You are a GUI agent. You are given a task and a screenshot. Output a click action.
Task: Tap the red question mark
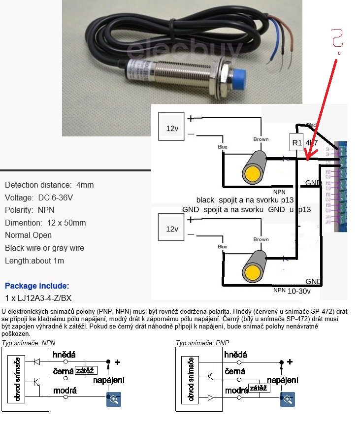[338, 40]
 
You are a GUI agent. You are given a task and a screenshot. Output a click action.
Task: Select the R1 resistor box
[296, 143]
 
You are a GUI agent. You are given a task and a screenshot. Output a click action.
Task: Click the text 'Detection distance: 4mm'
[49, 185]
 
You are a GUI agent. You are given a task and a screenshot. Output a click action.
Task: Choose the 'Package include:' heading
[37, 286]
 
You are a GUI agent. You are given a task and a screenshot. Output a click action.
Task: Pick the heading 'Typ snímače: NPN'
[28, 343]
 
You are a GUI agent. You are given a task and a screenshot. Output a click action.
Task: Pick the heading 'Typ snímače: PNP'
[202, 343]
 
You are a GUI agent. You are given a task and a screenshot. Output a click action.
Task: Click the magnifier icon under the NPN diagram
[114, 400]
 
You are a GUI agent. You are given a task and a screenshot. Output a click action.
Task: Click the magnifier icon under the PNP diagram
[287, 400]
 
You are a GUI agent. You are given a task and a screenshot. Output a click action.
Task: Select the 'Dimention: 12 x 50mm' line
[45, 223]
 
